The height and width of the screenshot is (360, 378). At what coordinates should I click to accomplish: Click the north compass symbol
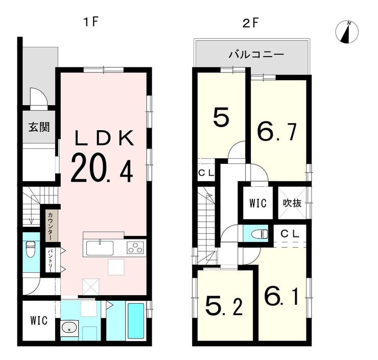tap(347, 32)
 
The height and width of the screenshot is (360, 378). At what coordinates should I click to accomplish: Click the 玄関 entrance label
tap(39, 127)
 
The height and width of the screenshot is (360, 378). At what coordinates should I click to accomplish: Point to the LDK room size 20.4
tap(102, 168)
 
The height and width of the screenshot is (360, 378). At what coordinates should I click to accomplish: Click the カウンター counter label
tap(51, 225)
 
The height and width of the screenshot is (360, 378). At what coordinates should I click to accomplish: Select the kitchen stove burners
tap(136, 249)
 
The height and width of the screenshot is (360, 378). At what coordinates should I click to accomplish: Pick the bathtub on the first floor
tap(135, 321)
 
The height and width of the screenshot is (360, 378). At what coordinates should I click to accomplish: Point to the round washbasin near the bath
tap(68, 328)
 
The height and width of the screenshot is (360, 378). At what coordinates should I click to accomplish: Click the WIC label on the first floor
tap(38, 321)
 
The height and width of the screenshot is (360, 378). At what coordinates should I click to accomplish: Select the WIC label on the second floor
tap(258, 203)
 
